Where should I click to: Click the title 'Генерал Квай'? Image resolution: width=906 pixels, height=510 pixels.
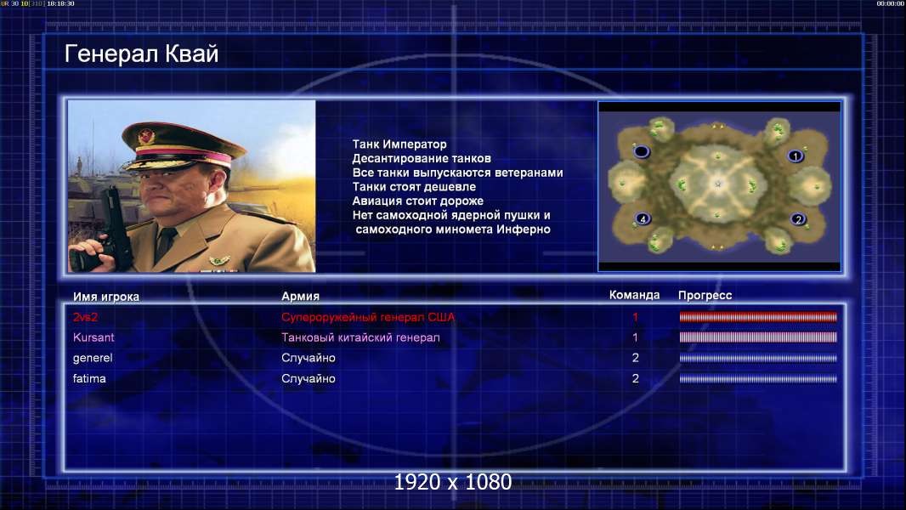(142, 54)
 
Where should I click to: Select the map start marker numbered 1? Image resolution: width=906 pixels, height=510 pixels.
(796, 156)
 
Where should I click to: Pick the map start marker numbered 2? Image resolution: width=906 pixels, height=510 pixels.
(798, 219)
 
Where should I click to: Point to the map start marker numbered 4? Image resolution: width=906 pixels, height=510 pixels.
(643, 219)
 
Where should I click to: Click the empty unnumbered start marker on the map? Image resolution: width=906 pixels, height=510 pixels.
(642, 152)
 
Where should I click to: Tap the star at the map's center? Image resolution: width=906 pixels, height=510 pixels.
(718, 184)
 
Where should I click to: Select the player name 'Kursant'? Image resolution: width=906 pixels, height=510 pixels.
(93, 337)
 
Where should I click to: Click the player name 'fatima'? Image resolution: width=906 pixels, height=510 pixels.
(89, 379)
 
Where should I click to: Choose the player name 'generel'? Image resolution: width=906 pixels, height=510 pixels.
(93, 358)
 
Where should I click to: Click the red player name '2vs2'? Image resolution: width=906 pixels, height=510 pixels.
(85, 317)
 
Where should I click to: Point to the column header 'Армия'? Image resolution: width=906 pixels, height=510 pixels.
(301, 297)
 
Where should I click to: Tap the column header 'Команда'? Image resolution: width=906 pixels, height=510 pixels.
(634, 295)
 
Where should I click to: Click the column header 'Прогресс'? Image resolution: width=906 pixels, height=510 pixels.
(705, 296)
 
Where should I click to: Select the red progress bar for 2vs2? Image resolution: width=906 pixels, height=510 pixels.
(758, 316)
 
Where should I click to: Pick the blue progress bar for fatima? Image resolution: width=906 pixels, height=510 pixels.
(758, 379)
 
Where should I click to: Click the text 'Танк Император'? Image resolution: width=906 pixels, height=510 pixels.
(399, 144)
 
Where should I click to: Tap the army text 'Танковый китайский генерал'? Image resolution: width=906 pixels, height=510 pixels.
(360, 337)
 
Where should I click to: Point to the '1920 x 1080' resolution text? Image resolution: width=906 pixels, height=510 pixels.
(453, 482)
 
